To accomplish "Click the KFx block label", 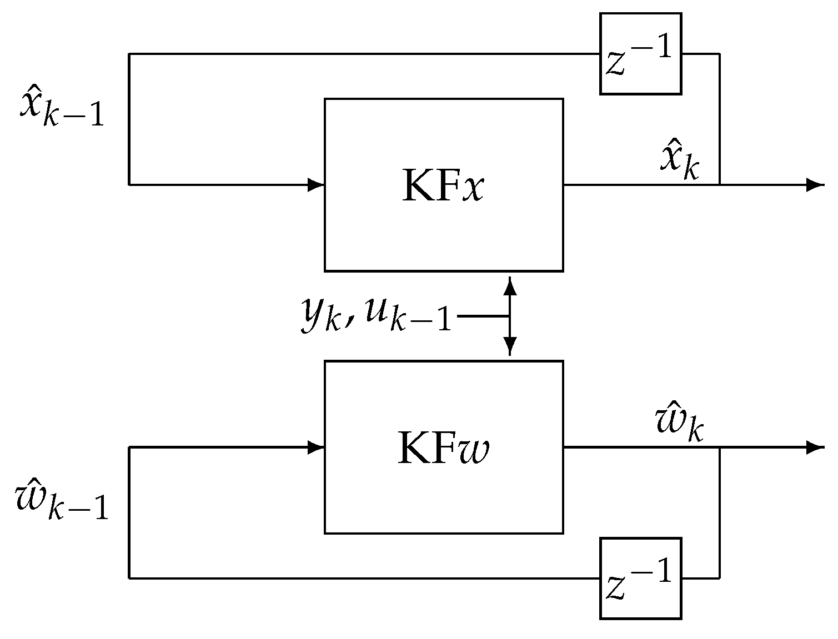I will pos(443,186).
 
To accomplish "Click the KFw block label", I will pos(443,448).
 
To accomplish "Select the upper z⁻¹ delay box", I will pos(640,54).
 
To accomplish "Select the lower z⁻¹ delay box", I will pos(640,578).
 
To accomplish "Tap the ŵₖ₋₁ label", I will pos(61,500).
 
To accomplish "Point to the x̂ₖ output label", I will pos(679,162).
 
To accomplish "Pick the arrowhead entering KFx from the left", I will pos(317,184).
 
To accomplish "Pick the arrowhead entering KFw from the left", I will pos(317,447).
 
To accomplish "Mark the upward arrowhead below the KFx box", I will pos(509,285).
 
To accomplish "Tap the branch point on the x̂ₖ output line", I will pos(720,184).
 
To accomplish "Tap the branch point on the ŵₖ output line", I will pos(720,447).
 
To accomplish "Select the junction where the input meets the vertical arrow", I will pos(509,316).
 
